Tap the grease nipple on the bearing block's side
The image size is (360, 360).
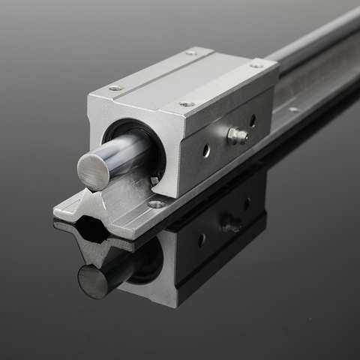tap(237, 136)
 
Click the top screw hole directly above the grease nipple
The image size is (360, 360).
tap(187, 103)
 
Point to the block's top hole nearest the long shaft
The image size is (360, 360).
tap(257, 65)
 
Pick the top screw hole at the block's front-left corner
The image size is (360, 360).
tap(115, 88)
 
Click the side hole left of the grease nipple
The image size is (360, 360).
tap(206, 150)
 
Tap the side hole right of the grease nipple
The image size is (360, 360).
tap(253, 120)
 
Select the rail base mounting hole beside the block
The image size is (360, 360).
tap(155, 203)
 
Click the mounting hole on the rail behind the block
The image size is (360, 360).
tap(294, 109)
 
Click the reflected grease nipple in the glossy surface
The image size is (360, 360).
tap(230, 223)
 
